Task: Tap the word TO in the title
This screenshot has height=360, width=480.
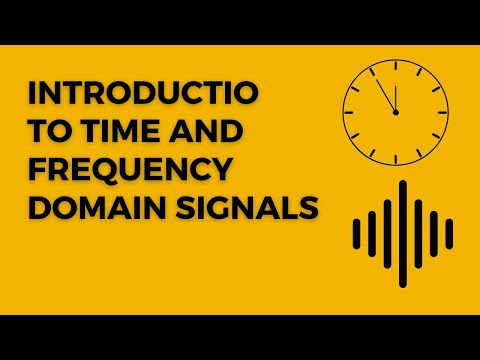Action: click(47, 133)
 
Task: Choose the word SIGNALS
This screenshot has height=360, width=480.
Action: click(240, 209)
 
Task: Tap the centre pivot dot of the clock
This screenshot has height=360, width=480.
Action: click(396, 113)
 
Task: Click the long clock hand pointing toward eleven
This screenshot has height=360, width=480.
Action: click(386, 95)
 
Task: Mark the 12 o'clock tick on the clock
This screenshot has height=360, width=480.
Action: click(396, 68)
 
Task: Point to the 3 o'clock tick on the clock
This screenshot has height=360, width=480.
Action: click(441, 113)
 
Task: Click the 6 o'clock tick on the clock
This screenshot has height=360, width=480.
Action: click(396, 158)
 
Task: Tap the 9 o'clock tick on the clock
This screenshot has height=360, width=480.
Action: click(351, 113)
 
